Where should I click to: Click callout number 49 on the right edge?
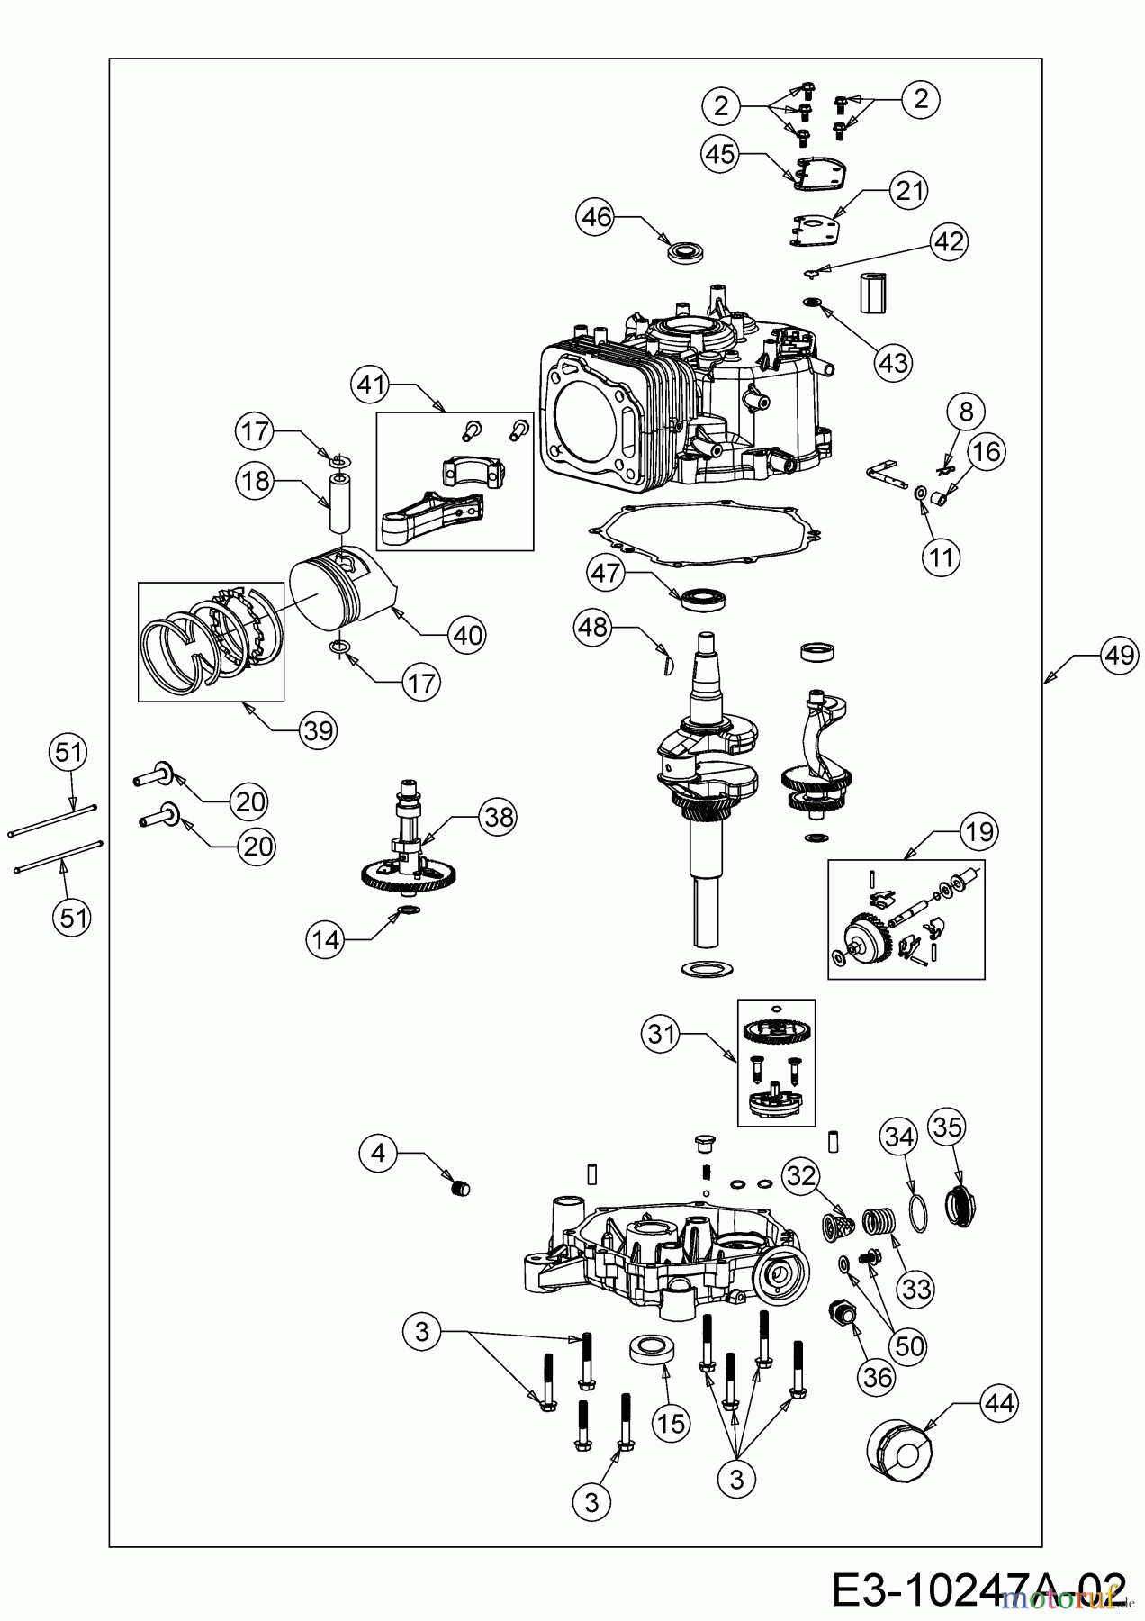click(1119, 656)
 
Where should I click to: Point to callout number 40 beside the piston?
click(466, 635)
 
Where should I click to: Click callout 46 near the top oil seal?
click(596, 216)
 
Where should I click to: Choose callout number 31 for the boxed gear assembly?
click(662, 1035)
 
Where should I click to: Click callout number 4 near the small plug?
click(378, 1152)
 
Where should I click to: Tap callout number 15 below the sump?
click(671, 1423)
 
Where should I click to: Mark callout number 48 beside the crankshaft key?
click(593, 628)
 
